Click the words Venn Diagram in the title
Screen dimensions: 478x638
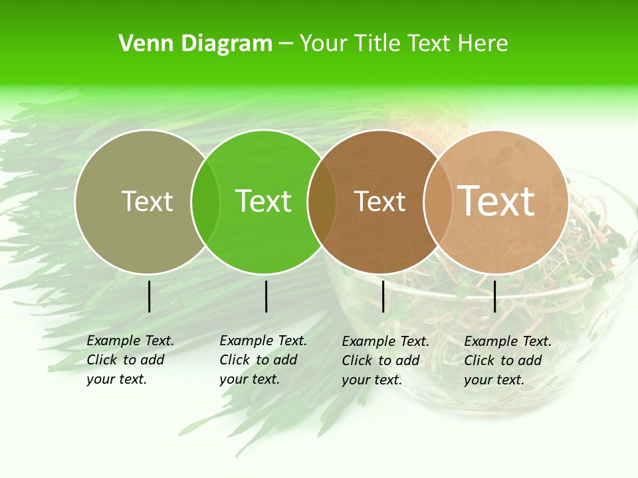coord(195,44)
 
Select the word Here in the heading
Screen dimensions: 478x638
coord(482,44)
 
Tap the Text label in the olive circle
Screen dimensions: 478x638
coord(147,201)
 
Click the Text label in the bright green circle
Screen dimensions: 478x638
coord(263,201)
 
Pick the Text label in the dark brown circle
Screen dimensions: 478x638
coord(379,201)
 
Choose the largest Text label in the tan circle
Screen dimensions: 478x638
coord(496,200)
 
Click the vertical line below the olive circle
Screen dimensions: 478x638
coord(149,296)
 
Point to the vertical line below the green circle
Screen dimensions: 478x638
coord(266,296)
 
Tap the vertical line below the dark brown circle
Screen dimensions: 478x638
coord(383,296)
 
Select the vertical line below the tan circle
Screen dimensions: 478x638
coord(494,296)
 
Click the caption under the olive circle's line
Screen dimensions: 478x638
coord(130,360)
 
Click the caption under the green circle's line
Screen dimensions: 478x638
coord(263,360)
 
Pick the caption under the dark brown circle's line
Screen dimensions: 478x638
coord(385,360)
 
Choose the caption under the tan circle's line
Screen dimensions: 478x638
coord(508,360)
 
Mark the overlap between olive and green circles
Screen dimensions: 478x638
coord(205,202)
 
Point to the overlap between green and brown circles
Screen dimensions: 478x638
coord(322,202)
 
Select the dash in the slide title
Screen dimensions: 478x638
coord(286,44)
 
